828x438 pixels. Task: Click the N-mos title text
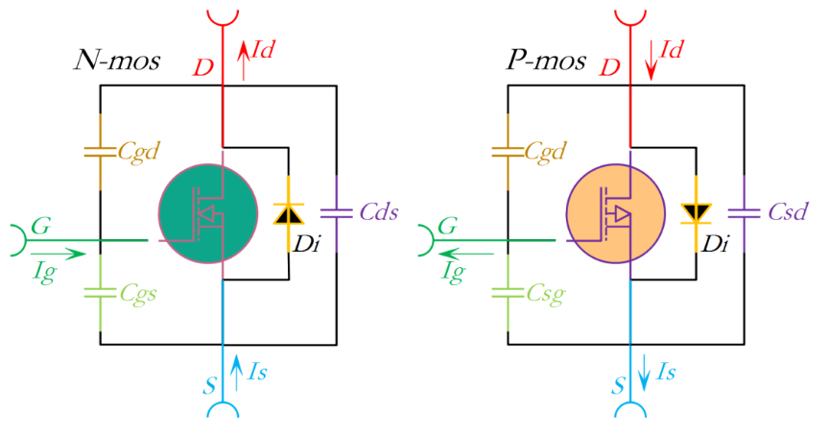coord(117,61)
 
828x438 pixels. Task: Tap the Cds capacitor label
coord(379,211)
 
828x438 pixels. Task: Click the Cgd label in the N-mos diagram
coord(139,151)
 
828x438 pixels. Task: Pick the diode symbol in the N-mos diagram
coord(288,213)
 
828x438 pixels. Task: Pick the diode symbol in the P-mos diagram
coord(696,212)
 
